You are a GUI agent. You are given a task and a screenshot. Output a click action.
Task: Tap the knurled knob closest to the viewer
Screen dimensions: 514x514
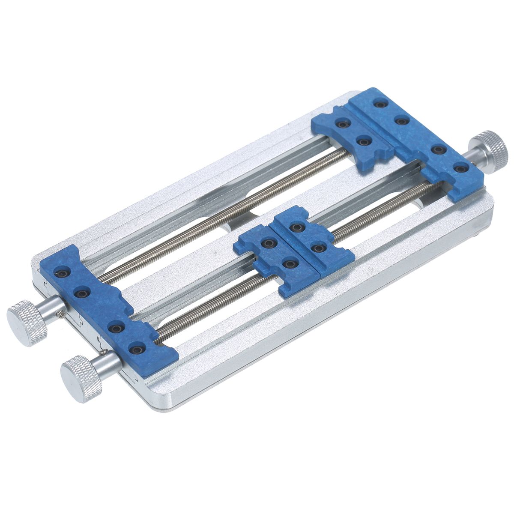click(80, 378)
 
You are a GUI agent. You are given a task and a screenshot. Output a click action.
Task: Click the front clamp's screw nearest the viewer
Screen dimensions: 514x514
click(137, 350)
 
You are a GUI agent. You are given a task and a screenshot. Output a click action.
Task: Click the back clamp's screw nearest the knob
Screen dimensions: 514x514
click(460, 169)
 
